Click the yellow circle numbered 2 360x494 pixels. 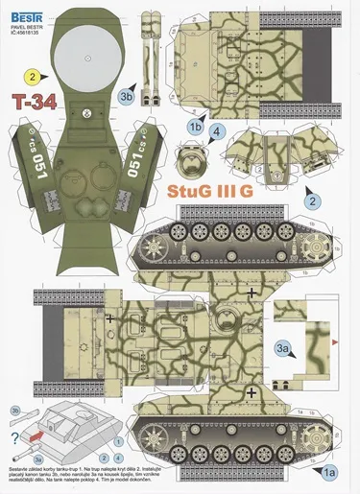tap(33, 77)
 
